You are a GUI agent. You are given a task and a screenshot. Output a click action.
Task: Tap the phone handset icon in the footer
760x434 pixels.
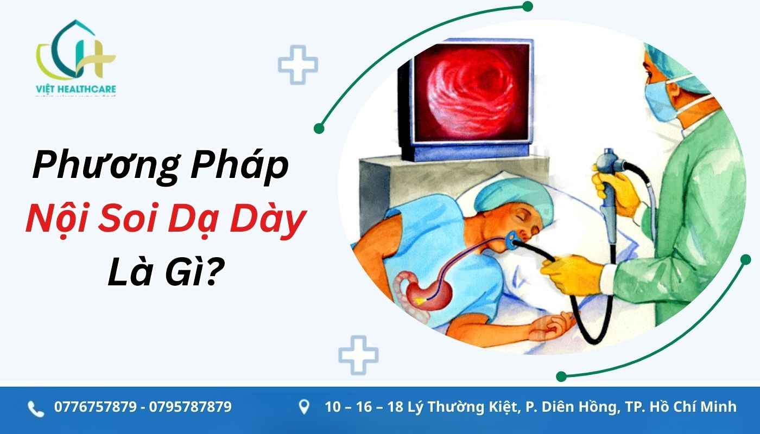36,409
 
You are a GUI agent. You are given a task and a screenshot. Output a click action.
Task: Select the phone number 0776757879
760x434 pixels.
95,407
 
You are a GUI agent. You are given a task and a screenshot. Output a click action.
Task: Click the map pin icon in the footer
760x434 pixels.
305,407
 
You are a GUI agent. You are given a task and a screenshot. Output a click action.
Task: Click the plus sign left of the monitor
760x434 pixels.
298,65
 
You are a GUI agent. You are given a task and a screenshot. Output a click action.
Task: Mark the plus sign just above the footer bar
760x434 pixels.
358,355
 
